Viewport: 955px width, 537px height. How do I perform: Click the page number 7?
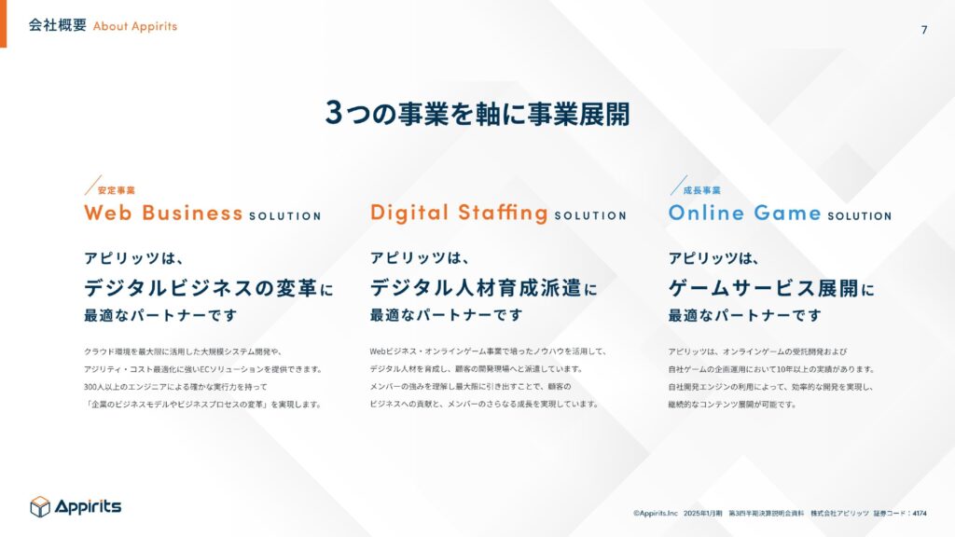(x=924, y=30)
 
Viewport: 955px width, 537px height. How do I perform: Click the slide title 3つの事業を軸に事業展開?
(x=477, y=113)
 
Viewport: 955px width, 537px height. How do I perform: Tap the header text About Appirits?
(x=135, y=26)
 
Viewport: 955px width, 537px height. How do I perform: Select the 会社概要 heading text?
(x=57, y=25)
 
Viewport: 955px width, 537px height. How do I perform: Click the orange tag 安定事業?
(x=117, y=190)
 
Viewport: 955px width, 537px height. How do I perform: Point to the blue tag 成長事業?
(x=701, y=190)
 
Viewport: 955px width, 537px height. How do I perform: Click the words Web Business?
(x=163, y=213)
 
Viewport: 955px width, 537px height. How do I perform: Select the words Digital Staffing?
(x=459, y=213)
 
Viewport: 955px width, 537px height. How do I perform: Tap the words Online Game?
(x=744, y=213)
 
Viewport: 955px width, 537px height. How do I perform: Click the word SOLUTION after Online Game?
(x=859, y=216)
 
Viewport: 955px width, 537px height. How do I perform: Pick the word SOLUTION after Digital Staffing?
(x=590, y=216)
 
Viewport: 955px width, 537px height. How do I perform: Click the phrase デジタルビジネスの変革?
(x=201, y=288)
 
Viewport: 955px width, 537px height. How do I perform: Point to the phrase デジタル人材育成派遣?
(x=476, y=288)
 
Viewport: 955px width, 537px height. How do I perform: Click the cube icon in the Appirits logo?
(x=40, y=506)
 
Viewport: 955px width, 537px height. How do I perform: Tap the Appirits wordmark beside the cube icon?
(x=89, y=506)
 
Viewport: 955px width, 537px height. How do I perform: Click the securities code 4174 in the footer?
(x=920, y=514)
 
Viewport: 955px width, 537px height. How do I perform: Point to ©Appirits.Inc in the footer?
(x=656, y=514)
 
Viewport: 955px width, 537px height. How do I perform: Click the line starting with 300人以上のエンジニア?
(x=175, y=387)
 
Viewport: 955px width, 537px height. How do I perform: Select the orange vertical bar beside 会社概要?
(x=3, y=23)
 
